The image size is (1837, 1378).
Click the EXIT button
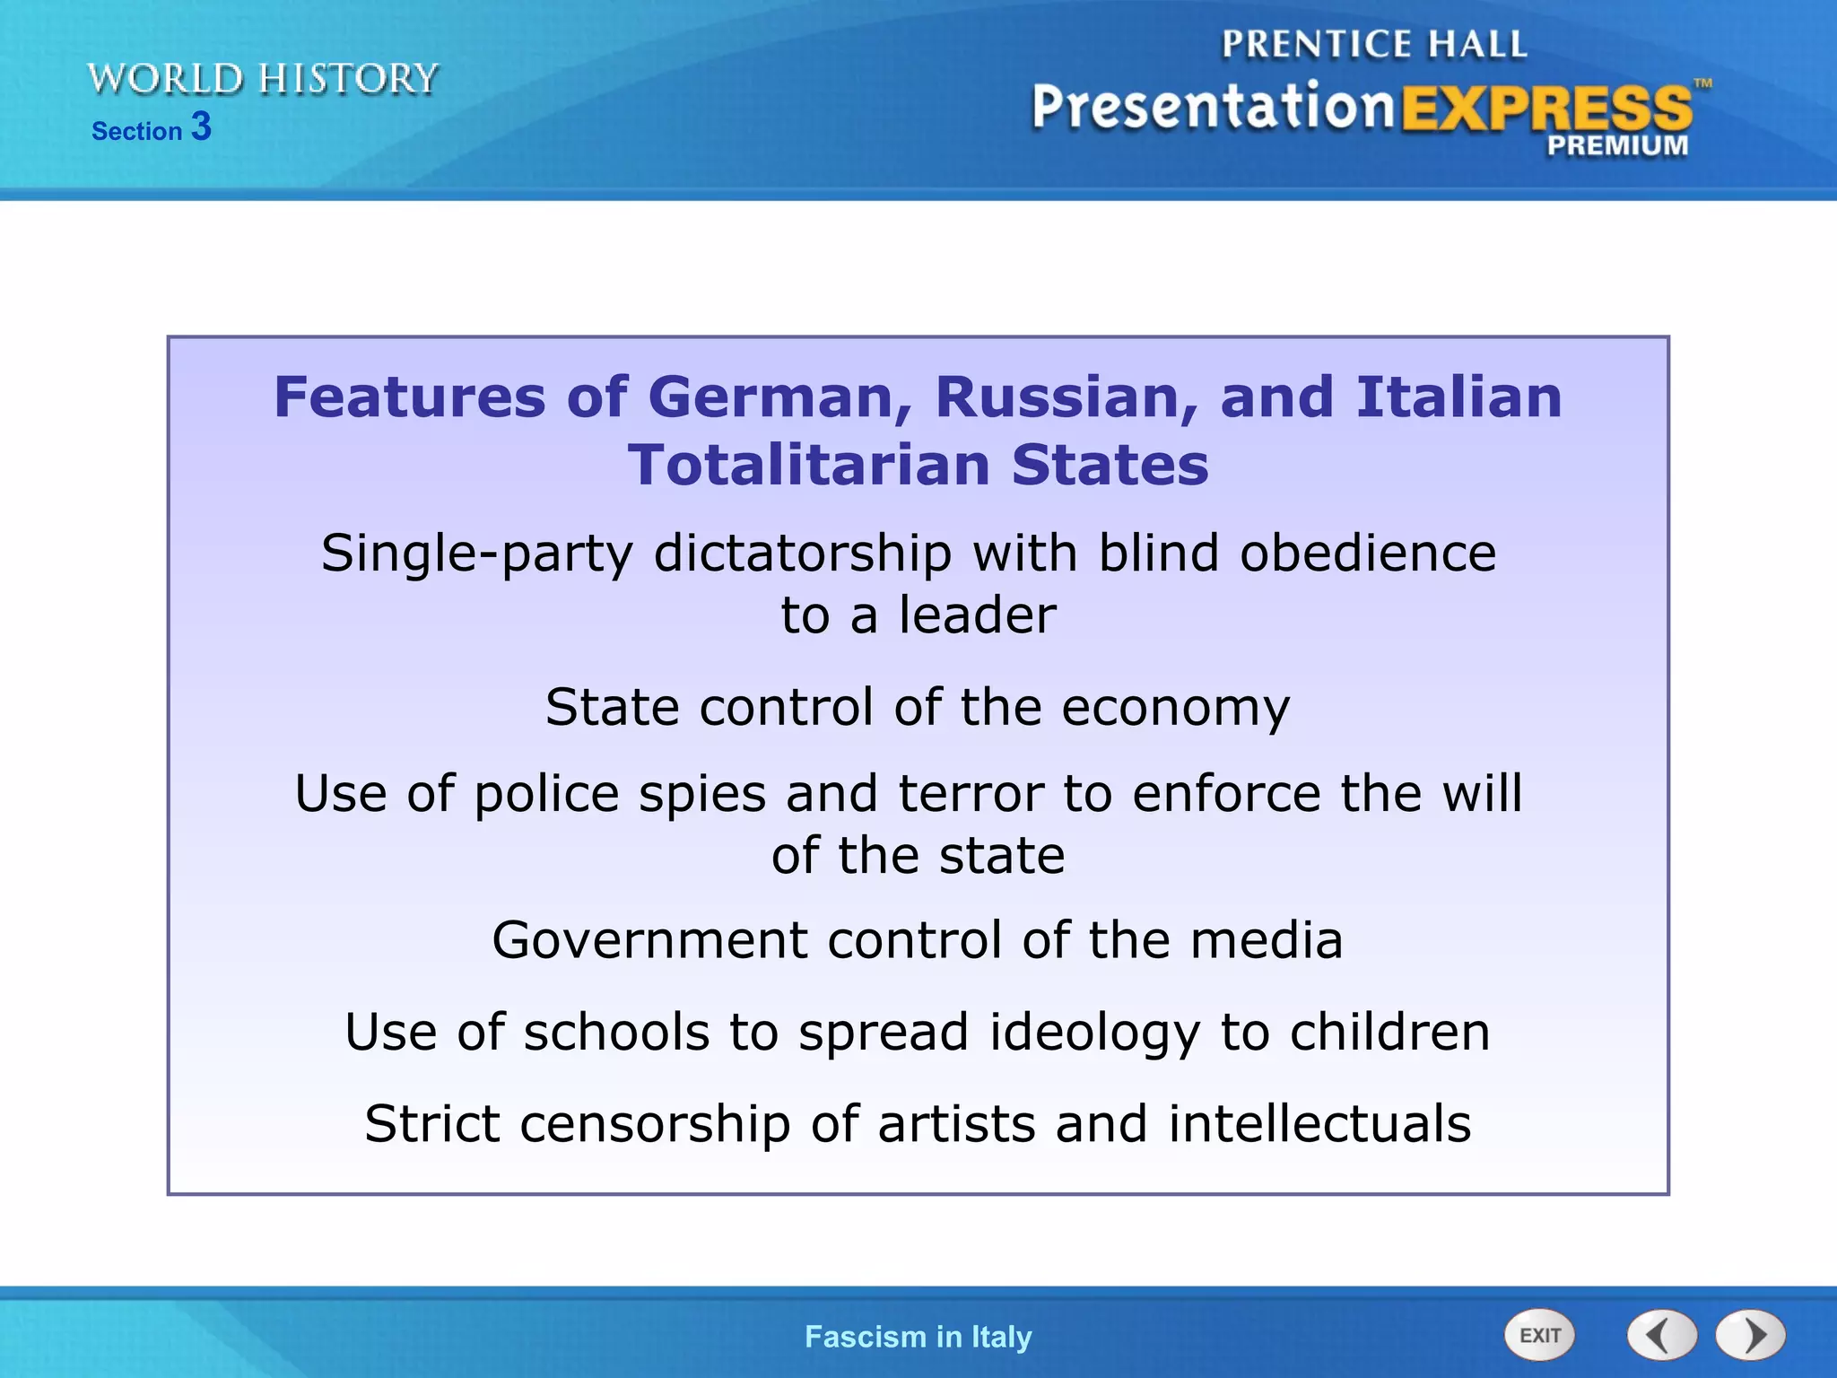point(1539,1336)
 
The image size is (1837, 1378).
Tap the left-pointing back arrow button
point(1661,1336)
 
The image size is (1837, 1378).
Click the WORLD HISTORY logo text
point(263,79)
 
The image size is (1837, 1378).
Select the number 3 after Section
point(201,126)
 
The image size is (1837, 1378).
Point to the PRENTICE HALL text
point(1373,44)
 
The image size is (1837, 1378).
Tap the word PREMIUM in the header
point(1617,145)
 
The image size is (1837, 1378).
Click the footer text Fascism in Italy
point(918,1337)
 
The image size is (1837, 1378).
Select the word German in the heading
point(779,397)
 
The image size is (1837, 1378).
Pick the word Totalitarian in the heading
point(808,466)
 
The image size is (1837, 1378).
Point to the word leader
point(978,615)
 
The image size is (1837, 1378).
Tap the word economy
point(1176,708)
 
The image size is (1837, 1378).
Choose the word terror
point(971,794)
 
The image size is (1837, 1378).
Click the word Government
point(650,940)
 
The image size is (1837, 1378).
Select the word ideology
point(1094,1033)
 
